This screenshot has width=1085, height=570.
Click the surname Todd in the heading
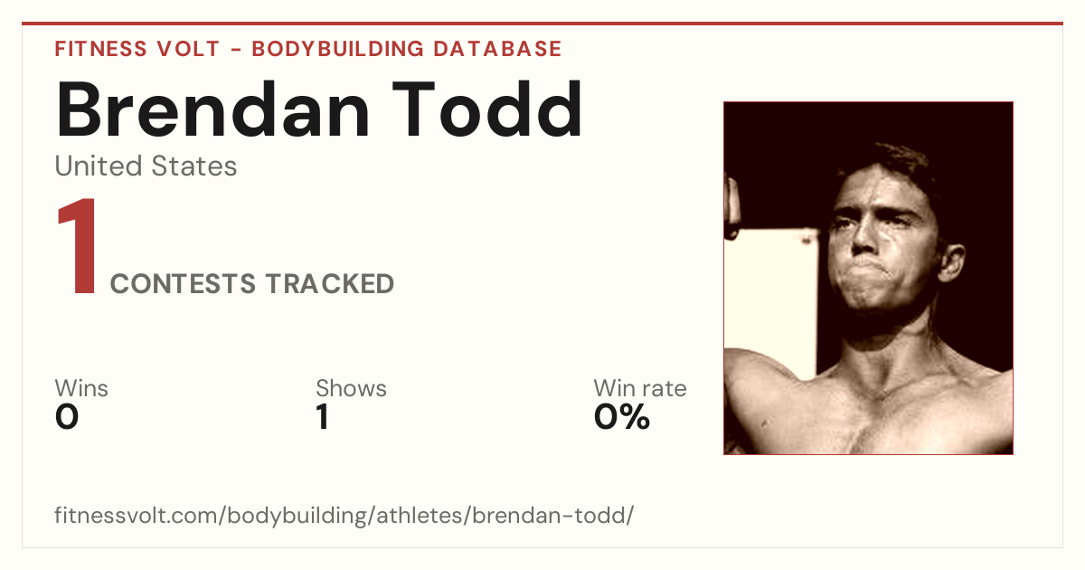pyautogui.click(x=487, y=109)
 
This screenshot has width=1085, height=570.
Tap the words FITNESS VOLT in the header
pyautogui.click(x=137, y=49)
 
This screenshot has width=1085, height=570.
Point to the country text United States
pyautogui.click(x=146, y=166)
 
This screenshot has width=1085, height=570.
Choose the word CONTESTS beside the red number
pyautogui.click(x=183, y=283)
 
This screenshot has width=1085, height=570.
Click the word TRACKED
pyautogui.click(x=330, y=283)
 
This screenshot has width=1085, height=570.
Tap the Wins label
pyautogui.click(x=81, y=388)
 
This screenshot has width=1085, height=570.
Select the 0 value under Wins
pyautogui.click(x=67, y=417)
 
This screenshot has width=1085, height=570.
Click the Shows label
pyautogui.click(x=351, y=388)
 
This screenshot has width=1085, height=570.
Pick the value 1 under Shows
pyautogui.click(x=323, y=417)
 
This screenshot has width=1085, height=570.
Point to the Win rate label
pyautogui.click(x=640, y=388)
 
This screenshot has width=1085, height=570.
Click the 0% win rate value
pyautogui.click(x=622, y=417)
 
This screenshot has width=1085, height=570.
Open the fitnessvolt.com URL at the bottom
pyautogui.click(x=344, y=515)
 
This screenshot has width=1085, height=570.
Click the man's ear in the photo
pyautogui.click(x=951, y=262)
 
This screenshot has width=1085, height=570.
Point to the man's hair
pyautogui.click(x=892, y=160)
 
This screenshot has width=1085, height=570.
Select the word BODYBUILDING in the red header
pyautogui.click(x=337, y=49)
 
